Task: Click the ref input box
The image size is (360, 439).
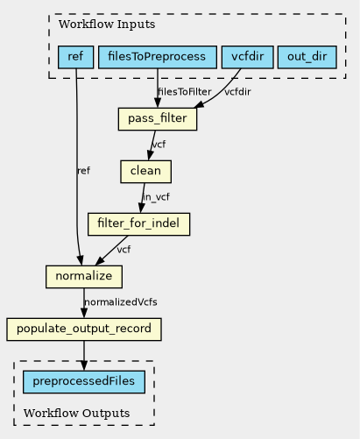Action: pos(75,57)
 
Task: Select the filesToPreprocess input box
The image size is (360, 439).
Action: pos(158,57)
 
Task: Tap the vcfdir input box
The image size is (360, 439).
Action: pos(248,57)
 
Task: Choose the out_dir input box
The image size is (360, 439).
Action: pos(307,57)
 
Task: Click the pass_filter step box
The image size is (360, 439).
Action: pos(158,119)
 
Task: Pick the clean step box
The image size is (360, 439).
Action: pos(146,172)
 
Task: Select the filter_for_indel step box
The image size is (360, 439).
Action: pos(139,224)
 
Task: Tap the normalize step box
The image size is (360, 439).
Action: pos(84,277)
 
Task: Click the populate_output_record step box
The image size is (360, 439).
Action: pos(84,329)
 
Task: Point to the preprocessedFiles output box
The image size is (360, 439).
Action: pos(84,382)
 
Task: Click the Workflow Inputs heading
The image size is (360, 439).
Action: pos(107,25)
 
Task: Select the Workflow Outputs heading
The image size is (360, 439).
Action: pos(77,414)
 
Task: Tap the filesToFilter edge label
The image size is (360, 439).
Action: pos(185,92)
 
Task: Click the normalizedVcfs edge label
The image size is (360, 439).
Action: pos(121,302)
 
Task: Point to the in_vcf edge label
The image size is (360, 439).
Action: pos(156,197)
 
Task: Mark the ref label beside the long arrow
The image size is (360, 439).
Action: pos(84,171)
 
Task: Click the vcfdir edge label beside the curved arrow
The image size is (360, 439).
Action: pos(237,92)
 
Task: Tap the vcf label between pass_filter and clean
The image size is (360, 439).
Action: pos(159,145)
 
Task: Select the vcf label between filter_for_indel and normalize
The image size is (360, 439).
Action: pos(124,250)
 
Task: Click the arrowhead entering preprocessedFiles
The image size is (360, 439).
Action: pos(84,365)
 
